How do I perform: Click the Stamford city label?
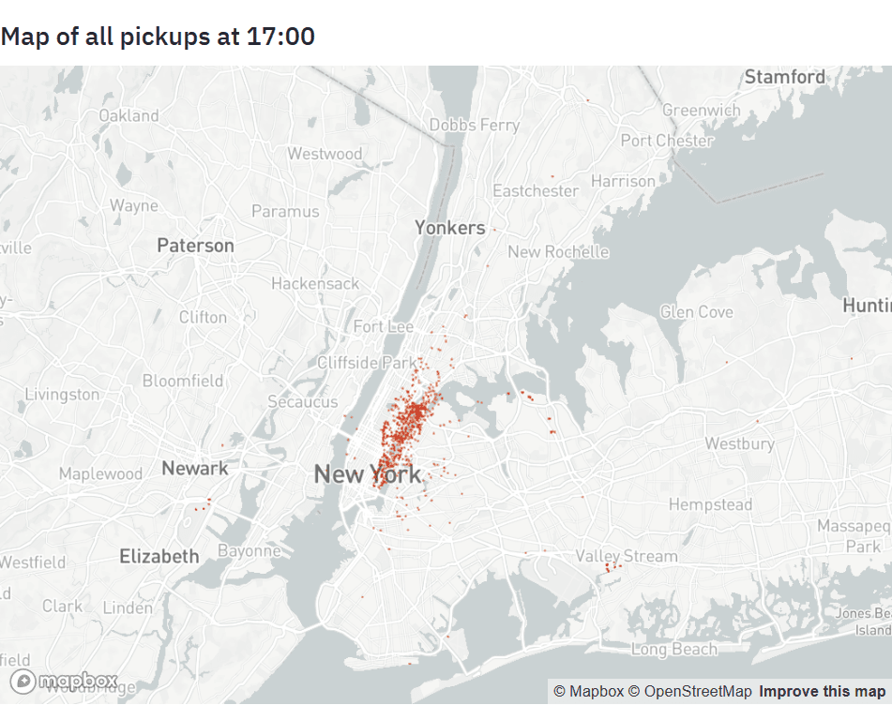pyautogui.click(x=785, y=77)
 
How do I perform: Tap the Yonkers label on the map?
pyautogui.click(x=450, y=227)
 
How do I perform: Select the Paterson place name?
pyautogui.click(x=195, y=246)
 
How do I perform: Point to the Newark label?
pyautogui.click(x=194, y=468)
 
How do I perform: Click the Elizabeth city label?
pyautogui.click(x=159, y=556)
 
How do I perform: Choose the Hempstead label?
pyautogui.click(x=710, y=504)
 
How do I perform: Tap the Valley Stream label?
pyautogui.click(x=627, y=556)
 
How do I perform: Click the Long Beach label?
pyautogui.click(x=673, y=649)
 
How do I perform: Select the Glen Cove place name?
pyautogui.click(x=696, y=311)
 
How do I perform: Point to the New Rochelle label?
pyautogui.click(x=558, y=251)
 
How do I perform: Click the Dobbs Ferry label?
pyautogui.click(x=475, y=125)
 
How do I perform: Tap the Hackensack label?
pyautogui.click(x=315, y=283)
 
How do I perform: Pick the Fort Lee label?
pyautogui.click(x=384, y=326)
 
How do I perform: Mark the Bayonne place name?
pyautogui.click(x=249, y=550)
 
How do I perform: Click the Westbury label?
pyautogui.click(x=739, y=443)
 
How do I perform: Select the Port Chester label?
pyautogui.click(x=667, y=141)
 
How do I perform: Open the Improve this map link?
pyautogui.click(x=822, y=692)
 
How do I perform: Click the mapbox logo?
pyautogui.click(x=64, y=681)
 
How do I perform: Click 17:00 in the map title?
pyautogui.click(x=280, y=37)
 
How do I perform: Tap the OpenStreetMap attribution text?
pyautogui.click(x=690, y=692)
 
